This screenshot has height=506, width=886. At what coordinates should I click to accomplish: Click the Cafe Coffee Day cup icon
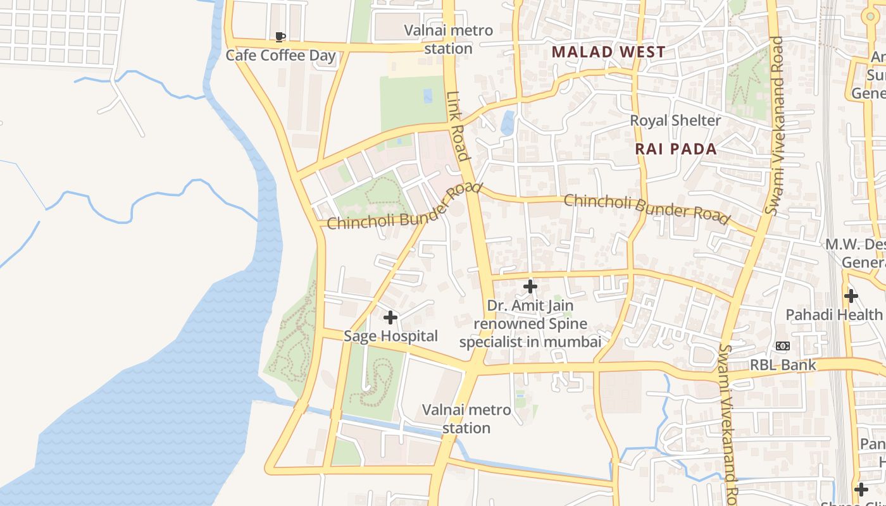point(280,37)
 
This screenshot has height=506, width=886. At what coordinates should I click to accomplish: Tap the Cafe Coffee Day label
point(280,56)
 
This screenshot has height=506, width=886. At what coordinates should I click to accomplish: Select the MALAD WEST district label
point(608,52)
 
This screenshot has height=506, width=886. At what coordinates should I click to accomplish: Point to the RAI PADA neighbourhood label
point(676,149)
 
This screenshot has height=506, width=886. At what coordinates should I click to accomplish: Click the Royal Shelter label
point(675,120)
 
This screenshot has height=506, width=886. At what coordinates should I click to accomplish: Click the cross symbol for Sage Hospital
point(390,317)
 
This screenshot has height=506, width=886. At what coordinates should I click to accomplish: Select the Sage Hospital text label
point(390,336)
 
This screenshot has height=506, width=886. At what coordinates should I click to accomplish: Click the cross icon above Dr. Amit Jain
point(530,287)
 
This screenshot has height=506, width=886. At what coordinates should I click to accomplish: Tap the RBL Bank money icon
point(783,346)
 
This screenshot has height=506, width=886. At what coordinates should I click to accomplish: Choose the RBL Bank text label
point(783,365)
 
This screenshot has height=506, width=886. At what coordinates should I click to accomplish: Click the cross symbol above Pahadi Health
point(851,295)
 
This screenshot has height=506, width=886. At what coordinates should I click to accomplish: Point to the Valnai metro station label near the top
point(449,39)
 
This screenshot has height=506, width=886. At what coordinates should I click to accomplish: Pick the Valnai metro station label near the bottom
point(466,419)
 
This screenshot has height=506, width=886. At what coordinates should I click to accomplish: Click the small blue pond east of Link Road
point(508,123)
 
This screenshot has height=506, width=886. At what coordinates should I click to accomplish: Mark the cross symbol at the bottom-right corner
point(861,489)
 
